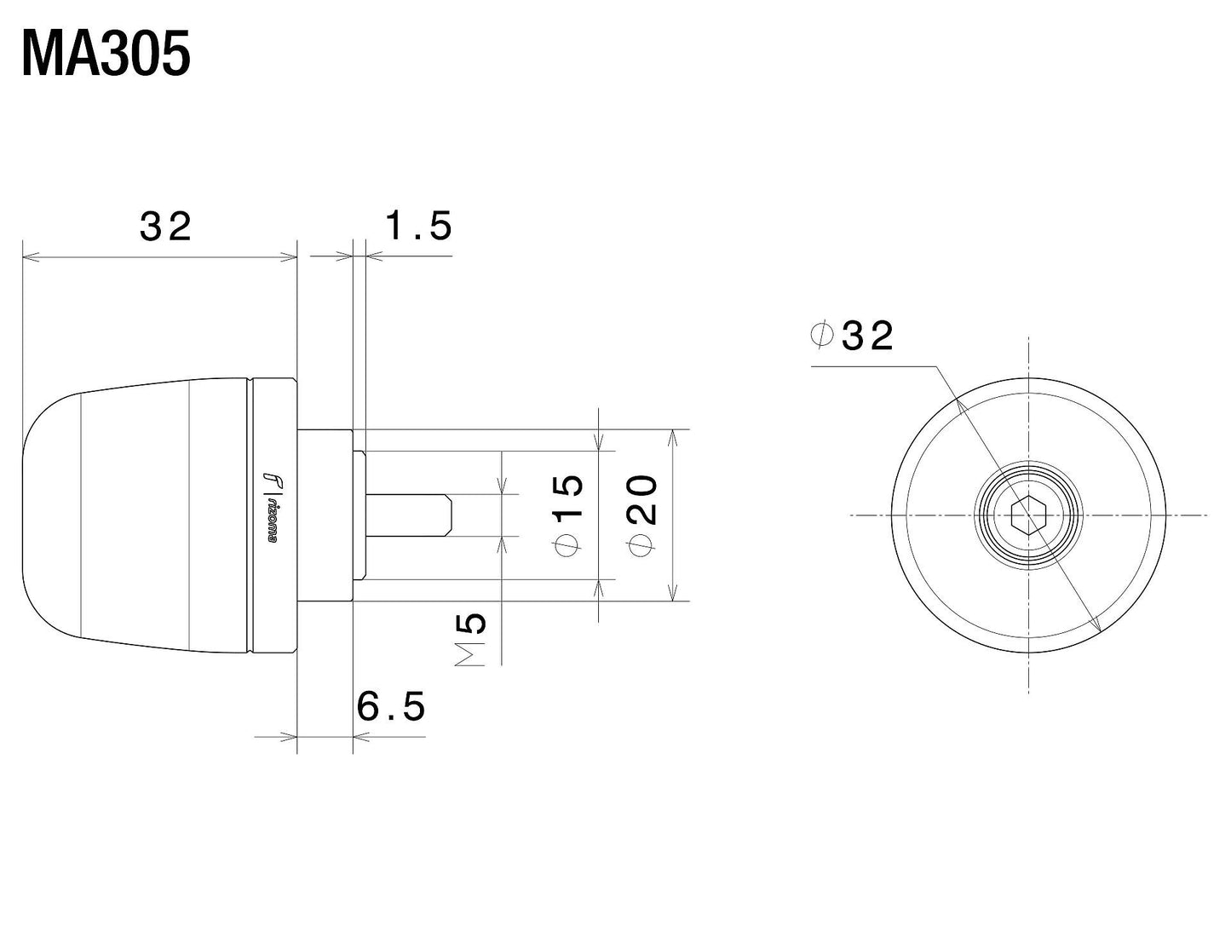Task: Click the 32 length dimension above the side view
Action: (x=166, y=227)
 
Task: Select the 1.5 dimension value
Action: (x=417, y=227)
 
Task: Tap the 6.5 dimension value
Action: (x=391, y=706)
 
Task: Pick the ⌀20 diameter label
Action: (x=643, y=514)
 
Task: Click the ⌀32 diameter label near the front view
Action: (x=852, y=336)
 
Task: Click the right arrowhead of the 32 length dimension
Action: (x=290, y=256)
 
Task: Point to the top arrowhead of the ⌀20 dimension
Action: (x=675, y=436)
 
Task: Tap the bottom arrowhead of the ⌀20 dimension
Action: (x=675, y=594)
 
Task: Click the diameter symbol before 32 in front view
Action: (x=821, y=335)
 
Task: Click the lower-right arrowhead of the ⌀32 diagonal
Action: (x=1097, y=626)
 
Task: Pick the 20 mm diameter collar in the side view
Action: (x=325, y=515)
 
